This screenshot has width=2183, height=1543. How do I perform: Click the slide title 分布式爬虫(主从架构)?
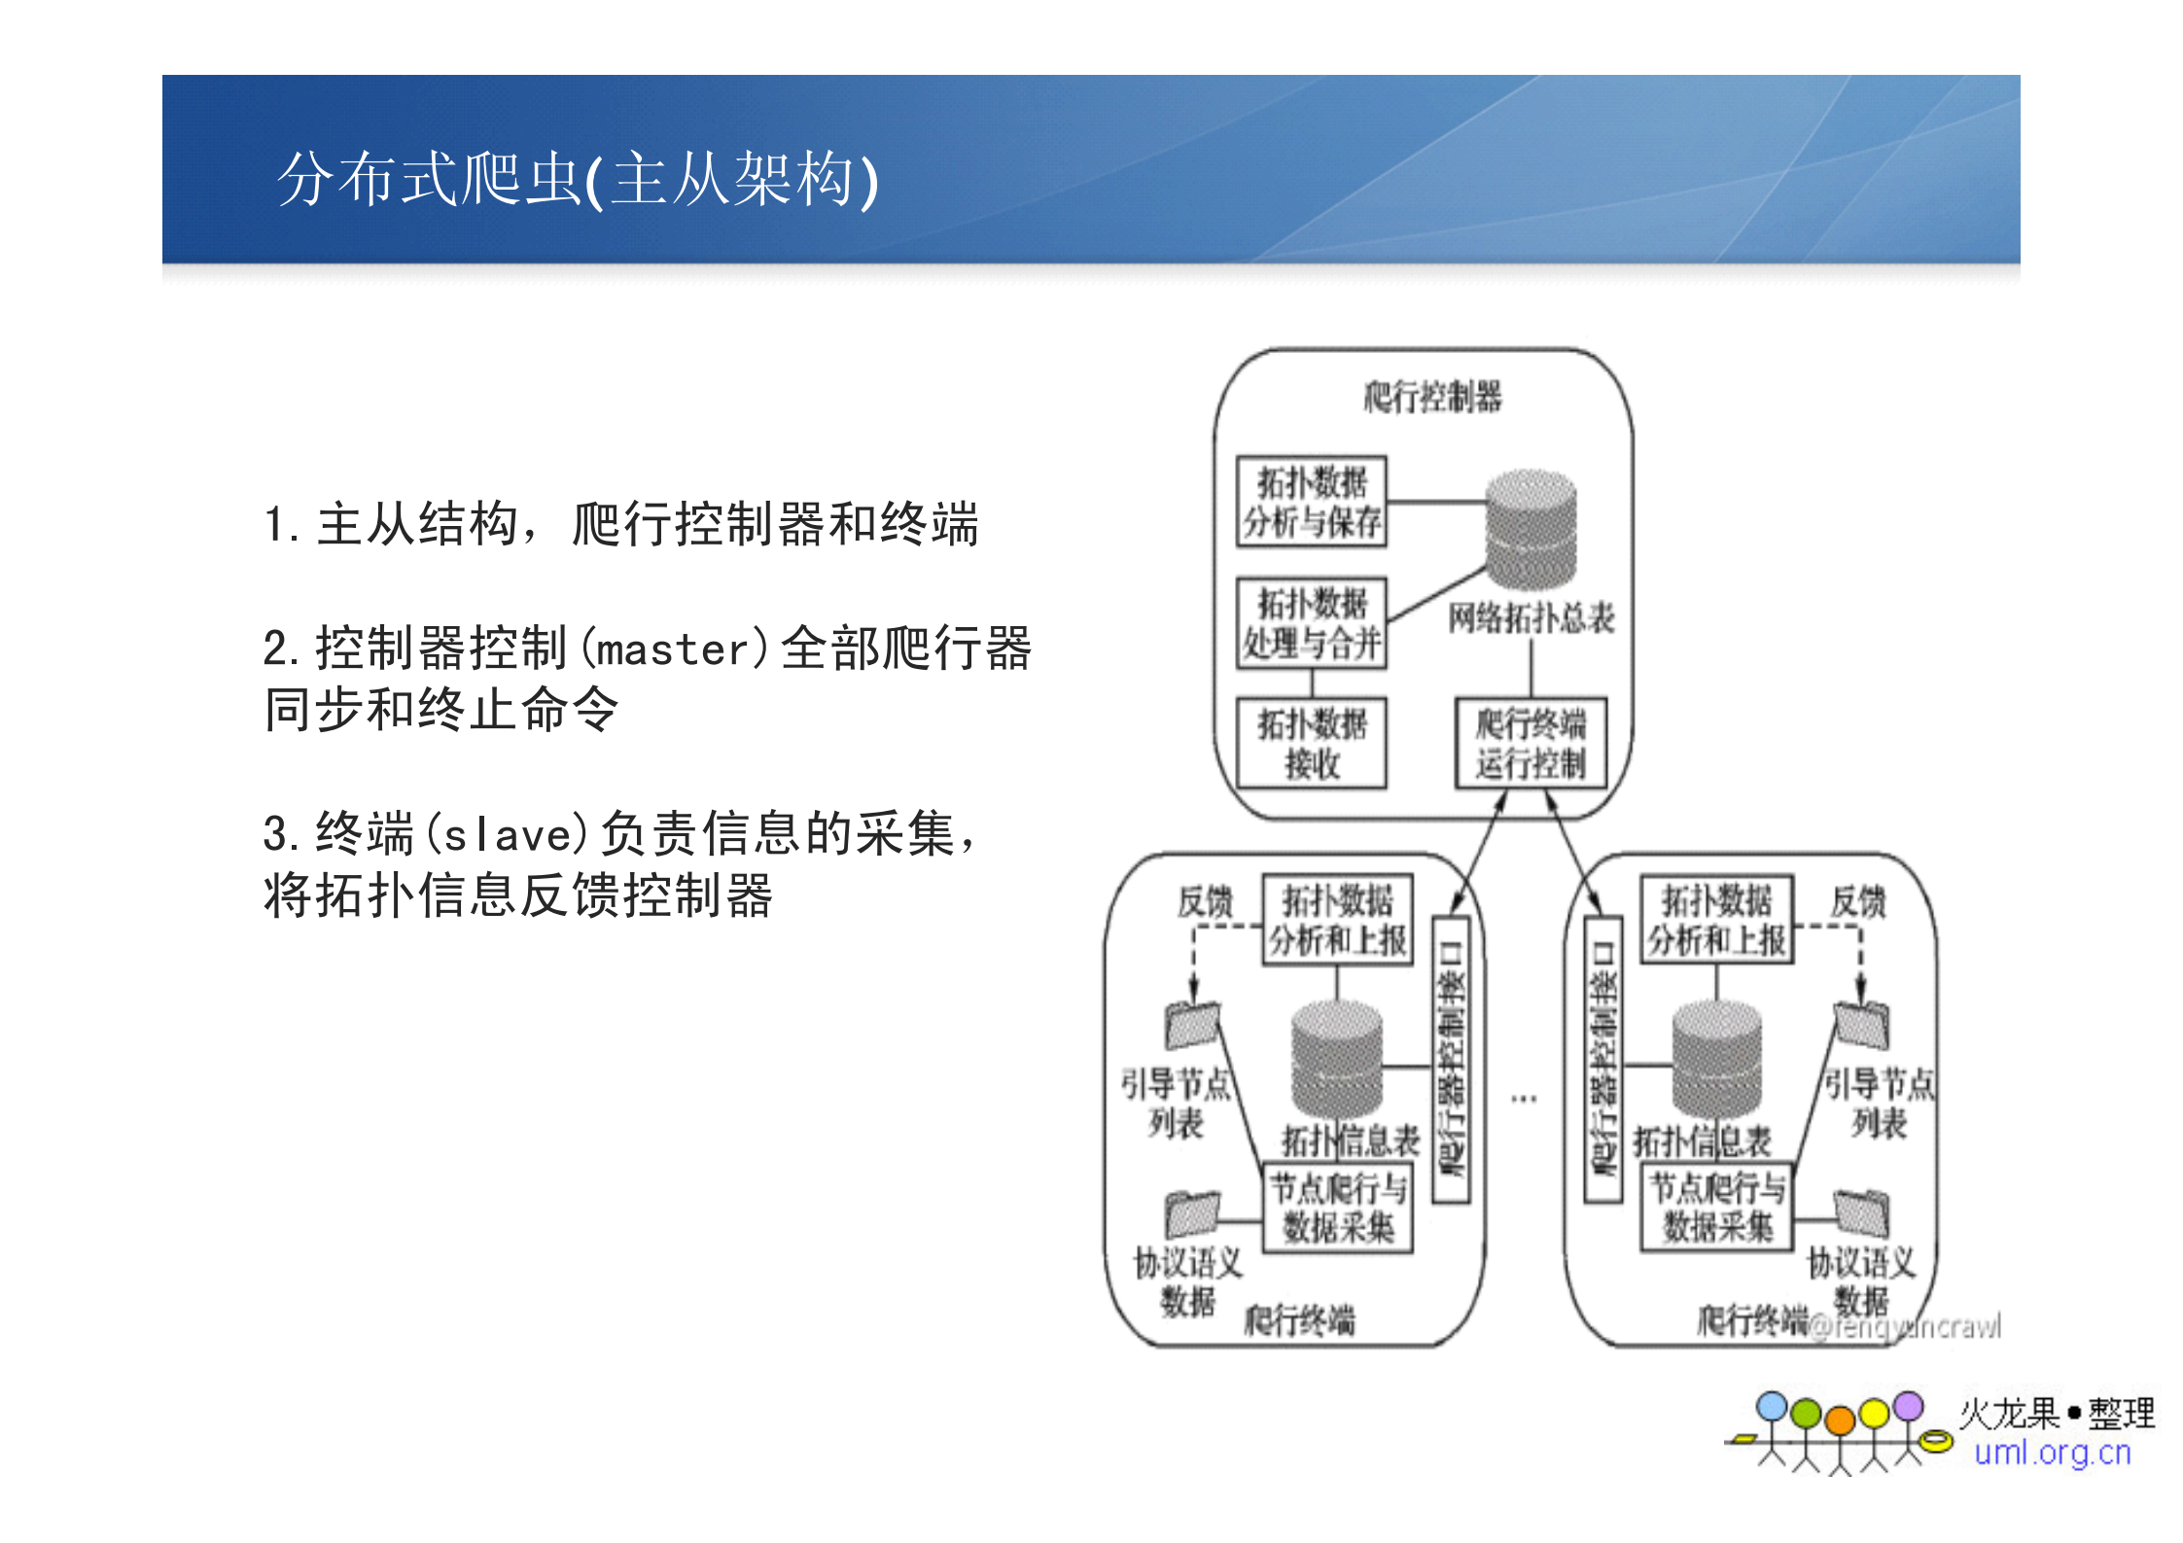coord(578,179)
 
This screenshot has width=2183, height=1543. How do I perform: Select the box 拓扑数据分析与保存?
coord(1311,502)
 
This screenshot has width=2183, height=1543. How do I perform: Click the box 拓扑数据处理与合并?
coord(1311,623)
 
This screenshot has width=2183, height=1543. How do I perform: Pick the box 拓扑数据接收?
coord(1311,743)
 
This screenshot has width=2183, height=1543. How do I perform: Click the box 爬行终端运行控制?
coord(1530,743)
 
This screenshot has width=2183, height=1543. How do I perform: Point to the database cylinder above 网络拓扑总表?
coord(1531,530)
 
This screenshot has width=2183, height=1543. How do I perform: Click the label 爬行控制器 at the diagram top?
coord(1431,397)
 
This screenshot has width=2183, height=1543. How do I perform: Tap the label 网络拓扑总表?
coord(1531,618)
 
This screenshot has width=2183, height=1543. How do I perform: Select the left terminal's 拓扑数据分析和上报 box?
coord(1337,920)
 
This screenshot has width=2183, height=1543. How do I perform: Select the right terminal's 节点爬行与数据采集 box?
coord(1717,1208)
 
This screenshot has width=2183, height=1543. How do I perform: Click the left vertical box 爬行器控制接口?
coord(1452,1060)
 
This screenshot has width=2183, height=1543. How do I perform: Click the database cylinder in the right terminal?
coord(1716,1060)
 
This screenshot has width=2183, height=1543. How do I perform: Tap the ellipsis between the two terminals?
coord(1524,1099)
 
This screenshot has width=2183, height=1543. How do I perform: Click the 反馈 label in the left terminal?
coord(1205,902)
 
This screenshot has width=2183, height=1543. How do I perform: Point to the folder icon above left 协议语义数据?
coord(1191,1214)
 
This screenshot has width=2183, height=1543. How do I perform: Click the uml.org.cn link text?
coord(2052,1453)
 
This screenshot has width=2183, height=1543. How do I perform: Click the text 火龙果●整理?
coord(2057,1413)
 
